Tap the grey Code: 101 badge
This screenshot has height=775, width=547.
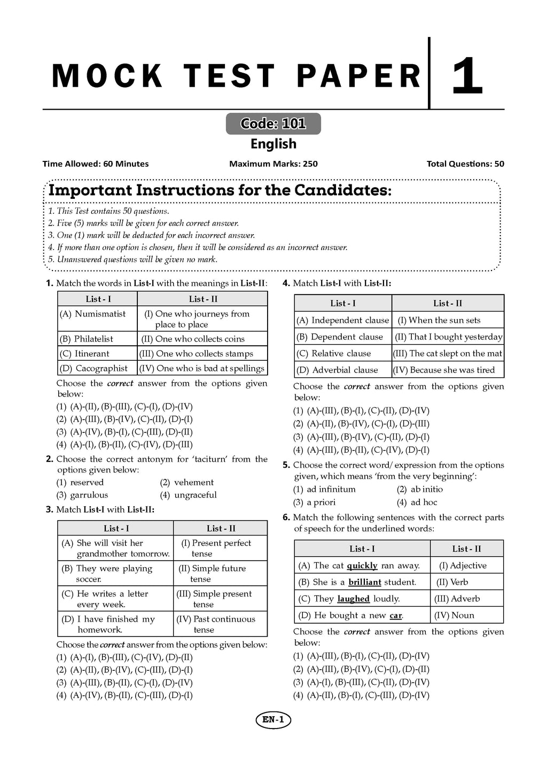pyautogui.click(x=273, y=124)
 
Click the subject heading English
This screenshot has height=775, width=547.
pyautogui.click(x=273, y=144)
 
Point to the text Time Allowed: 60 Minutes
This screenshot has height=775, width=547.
pyautogui.click(x=96, y=164)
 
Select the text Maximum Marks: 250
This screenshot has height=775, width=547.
pyautogui.click(x=273, y=164)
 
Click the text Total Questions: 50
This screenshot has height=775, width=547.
pyautogui.click(x=465, y=164)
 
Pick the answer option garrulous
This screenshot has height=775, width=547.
pyautogui.click(x=89, y=495)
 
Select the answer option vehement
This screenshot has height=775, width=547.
pyautogui.click(x=193, y=482)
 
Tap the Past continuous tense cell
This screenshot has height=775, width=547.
pyautogui.click(x=220, y=624)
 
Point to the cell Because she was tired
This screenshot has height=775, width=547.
pyautogui.click(x=447, y=370)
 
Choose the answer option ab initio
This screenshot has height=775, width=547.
pyautogui.click(x=426, y=489)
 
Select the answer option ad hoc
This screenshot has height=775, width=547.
pyautogui.click(x=424, y=502)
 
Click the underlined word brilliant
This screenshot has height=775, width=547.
pyautogui.click(x=365, y=583)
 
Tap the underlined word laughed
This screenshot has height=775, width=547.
pyautogui.click(x=354, y=599)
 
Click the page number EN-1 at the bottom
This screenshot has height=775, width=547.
pyautogui.click(x=273, y=720)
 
